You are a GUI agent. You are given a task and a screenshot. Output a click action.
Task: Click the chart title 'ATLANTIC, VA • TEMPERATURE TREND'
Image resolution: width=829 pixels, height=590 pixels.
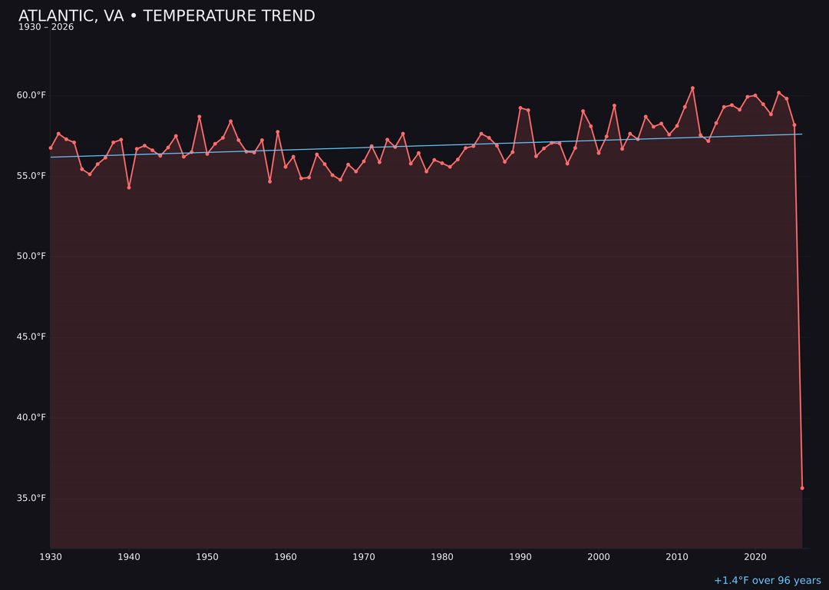[167, 16]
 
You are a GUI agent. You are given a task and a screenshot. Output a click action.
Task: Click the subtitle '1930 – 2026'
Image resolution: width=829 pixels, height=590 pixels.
[46, 28]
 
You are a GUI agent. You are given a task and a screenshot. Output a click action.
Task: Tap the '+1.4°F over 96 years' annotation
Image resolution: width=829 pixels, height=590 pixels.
[767, 581]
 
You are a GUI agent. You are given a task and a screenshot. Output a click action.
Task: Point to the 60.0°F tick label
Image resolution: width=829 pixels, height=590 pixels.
[31, 95]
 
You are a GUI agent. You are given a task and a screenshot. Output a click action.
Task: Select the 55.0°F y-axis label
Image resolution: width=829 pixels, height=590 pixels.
[31, 176]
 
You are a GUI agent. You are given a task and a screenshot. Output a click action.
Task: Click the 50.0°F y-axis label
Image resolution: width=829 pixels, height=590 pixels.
[31, 256]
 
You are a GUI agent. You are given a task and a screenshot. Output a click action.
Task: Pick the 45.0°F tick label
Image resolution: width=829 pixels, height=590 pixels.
[31, 336]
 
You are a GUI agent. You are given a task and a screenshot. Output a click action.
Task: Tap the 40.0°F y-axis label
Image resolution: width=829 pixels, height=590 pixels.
[31, 417]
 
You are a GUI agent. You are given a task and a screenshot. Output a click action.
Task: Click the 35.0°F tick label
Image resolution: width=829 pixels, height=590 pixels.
[31, 498]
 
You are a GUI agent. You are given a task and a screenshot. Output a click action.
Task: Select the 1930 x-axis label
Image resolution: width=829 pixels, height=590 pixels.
[51, 557]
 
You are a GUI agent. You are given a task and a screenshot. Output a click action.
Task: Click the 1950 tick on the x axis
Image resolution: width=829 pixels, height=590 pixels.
[207, 557]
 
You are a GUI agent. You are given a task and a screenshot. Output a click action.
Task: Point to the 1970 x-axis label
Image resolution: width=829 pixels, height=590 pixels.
[364, 557]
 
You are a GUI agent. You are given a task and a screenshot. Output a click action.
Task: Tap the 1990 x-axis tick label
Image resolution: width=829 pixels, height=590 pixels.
[520, 557]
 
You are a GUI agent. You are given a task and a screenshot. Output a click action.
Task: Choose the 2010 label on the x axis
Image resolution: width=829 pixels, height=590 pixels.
[677, 557]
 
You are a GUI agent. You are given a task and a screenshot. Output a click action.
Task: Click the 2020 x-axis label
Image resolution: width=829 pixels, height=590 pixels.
[755, 557]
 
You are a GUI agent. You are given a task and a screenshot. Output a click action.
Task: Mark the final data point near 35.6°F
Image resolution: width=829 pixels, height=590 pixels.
[802, 488]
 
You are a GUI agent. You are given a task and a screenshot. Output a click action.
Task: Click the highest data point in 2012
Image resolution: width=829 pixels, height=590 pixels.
[692, 88]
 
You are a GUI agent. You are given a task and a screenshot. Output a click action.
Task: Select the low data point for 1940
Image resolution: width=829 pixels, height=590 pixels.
[129, 187]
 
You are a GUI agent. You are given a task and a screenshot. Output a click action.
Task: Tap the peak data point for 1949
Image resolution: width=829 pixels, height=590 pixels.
[200, 117]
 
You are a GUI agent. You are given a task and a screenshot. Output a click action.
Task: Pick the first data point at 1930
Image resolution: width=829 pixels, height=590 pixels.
[51, 147]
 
